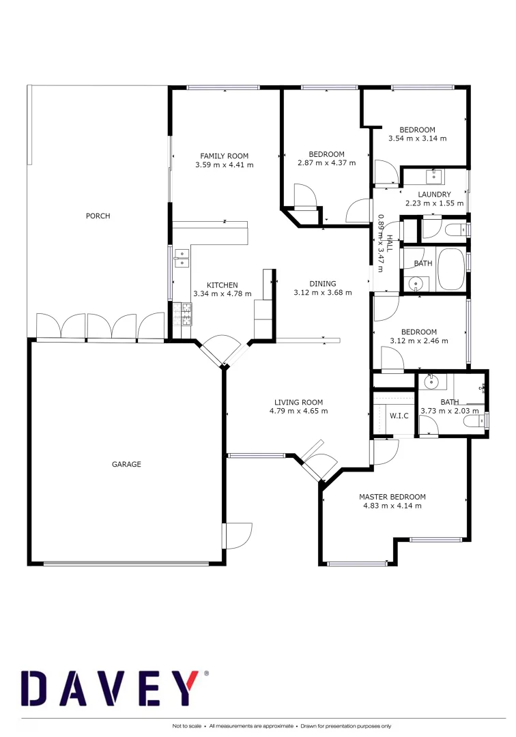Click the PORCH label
(98, 216)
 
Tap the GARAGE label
(126, 464)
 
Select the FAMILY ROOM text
(224, 156)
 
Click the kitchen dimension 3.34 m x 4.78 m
(223, 294)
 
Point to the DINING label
(323, 284)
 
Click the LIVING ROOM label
(298, 402)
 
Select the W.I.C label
(399, 415)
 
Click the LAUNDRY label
(435, 194)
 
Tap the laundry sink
(435, 177)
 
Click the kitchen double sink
(182, 257)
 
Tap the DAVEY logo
(113, 689)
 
